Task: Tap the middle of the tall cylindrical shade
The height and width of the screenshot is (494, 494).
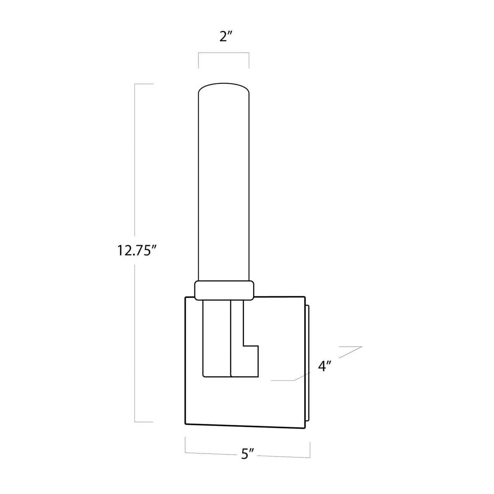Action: point(224,183)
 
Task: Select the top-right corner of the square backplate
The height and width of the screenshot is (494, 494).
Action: point(304,297)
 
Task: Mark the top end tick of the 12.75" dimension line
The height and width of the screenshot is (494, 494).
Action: point(144,84)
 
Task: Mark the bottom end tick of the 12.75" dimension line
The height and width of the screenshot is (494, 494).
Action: point(144,422)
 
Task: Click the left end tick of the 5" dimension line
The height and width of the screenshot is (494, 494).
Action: point(186,444)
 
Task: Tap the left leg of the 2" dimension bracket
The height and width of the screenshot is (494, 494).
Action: point(199,60)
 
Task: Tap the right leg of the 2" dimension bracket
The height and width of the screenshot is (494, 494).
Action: point(249,60)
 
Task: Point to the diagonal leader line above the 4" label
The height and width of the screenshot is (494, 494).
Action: point(350,352)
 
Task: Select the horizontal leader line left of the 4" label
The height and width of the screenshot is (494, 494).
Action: point(283,380)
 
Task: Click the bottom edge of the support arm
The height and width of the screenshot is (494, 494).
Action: point(230,376)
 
